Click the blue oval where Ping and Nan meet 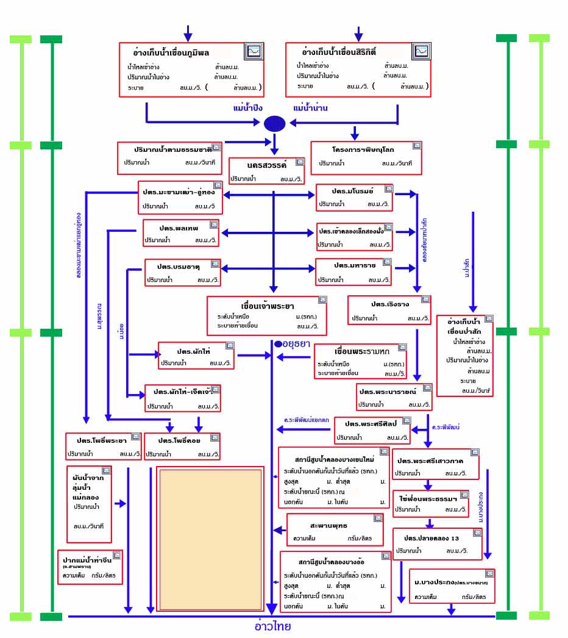pos(274,124)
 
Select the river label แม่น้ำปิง pos(247,108)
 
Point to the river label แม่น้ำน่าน pos(310,108)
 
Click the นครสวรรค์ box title pos(266,166)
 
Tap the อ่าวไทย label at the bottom pos(272,626)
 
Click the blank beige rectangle pos(210,539)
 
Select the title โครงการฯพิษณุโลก pos(363,149)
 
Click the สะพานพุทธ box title pos(328,525)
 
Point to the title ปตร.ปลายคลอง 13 pos(431,538)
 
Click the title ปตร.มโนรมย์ pos(352,191)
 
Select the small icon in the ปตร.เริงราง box pos(425,299)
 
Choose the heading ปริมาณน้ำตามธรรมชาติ pos(173,149)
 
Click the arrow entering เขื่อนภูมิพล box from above pos(188,34)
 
